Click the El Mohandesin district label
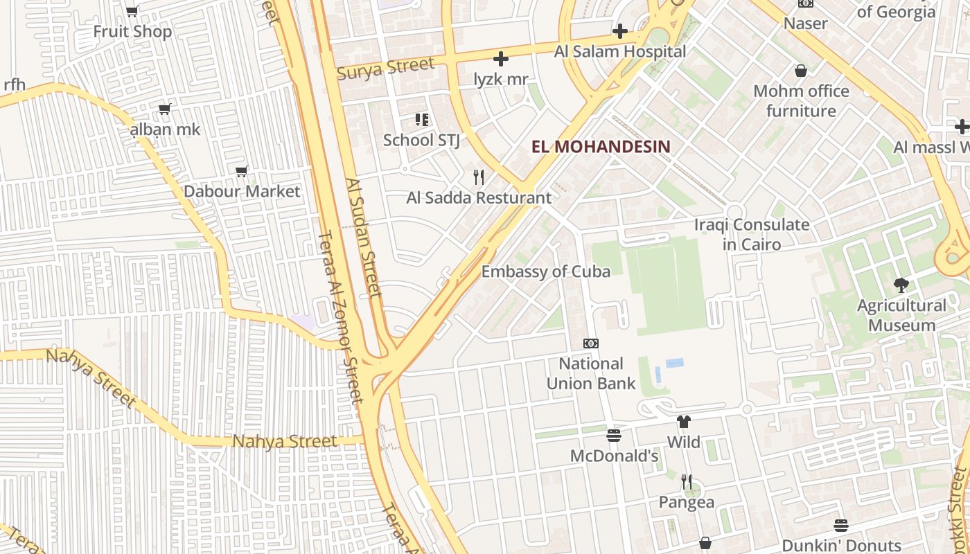pos(601,146)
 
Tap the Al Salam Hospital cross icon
pos(620,31)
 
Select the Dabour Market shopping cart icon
pos(242,171)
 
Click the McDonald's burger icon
pos(613,436)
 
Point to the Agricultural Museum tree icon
pos(901,285)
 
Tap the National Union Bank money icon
pos(591,343)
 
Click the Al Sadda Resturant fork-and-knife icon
pos(479,177)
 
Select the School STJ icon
pos(421,120)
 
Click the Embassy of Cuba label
pos(546,271)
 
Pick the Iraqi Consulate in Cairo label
pos(752,234)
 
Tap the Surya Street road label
pos(386,68)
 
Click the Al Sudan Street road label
pos(364,238)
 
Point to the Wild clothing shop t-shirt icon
pos(684,422)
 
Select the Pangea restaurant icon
pos(687,481)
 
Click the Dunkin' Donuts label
pos(841,546)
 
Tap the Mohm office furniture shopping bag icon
pos(801,71)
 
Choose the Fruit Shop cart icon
pos(132,11)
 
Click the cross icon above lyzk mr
pos(501,59)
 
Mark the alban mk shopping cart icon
pos(165,109)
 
